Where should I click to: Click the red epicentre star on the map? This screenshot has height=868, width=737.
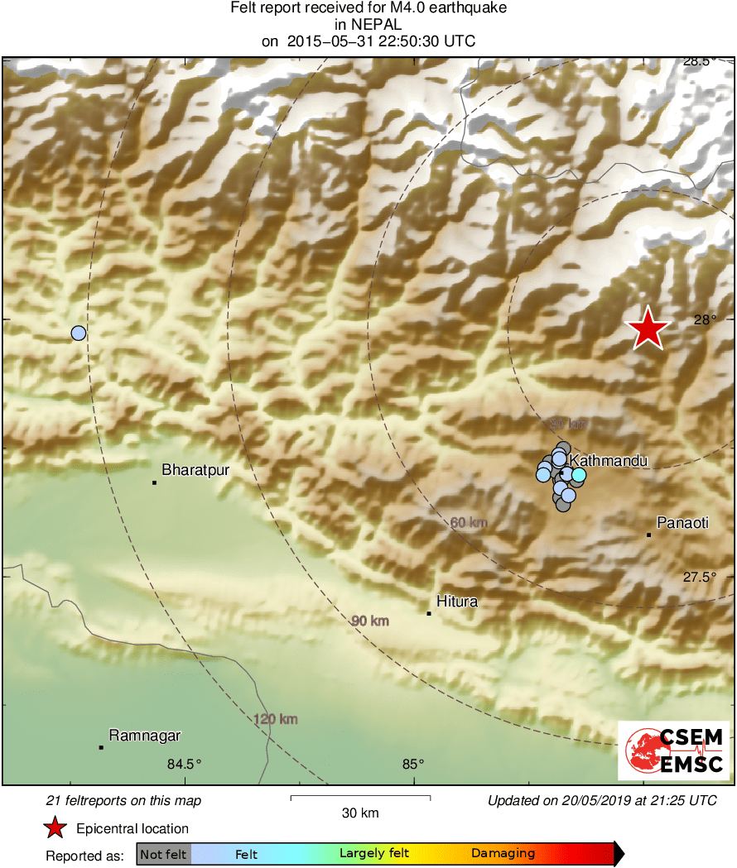coord(648,329)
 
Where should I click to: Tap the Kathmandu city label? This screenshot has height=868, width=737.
coord(608,460)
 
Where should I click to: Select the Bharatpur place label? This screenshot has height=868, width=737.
coord(195,470)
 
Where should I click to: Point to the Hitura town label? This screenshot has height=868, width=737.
coord(458,602)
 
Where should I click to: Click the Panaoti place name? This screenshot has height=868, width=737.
coord(683,523)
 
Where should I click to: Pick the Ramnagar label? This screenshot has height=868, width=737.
coord(145,735)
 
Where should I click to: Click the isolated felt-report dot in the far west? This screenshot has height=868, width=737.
coord(79,333)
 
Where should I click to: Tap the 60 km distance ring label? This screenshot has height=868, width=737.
coord(469,523)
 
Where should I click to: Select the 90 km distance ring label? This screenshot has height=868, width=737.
coord(369,621)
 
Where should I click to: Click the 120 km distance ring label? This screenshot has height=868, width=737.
coord(276,719)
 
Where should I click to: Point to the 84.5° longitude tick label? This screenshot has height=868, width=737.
coord(185,764)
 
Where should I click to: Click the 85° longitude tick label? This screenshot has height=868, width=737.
coord(413,764)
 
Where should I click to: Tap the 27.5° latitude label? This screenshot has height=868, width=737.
coord(699,578)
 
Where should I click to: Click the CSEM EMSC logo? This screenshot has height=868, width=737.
coord(674,751)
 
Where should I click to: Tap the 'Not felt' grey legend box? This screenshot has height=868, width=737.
coord(163,854)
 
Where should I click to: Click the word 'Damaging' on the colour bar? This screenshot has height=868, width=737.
coord(503,853)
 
